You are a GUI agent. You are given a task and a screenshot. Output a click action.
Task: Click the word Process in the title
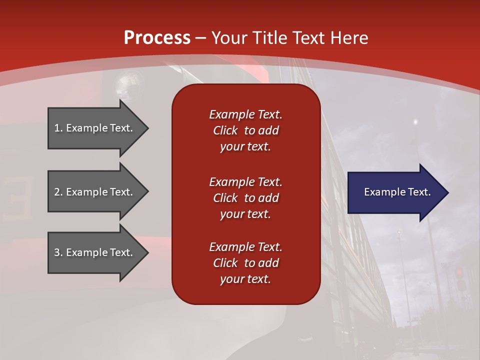(157, 38)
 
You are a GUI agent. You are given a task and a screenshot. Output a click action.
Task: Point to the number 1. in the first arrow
(58, 128)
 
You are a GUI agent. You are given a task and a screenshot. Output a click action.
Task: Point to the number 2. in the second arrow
(58, 192)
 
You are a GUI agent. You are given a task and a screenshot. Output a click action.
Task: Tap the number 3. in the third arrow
(58, 252)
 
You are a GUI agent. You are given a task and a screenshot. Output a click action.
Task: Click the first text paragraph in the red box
(245, 130)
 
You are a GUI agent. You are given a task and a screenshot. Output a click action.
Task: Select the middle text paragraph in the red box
(245, 197)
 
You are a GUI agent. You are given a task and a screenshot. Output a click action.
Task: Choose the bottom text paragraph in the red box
(245, 263)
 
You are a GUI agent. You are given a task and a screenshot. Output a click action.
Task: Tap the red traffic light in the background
(459, 272)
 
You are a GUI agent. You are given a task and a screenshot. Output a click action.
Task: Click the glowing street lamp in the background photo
(415, 121)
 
